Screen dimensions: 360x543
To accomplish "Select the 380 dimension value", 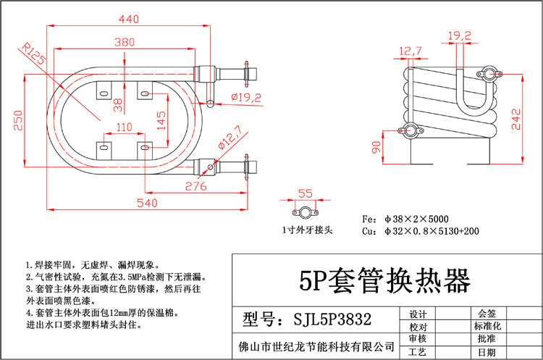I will click(x=125, y=43).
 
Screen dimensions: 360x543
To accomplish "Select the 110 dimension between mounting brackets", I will click(x=125, y=127).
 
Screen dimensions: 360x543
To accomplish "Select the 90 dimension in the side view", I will click(x=376, y=148).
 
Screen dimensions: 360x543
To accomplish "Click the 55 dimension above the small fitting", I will click(x=305, y=194).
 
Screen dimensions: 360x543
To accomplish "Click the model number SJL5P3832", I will click(x=319, y=319).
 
